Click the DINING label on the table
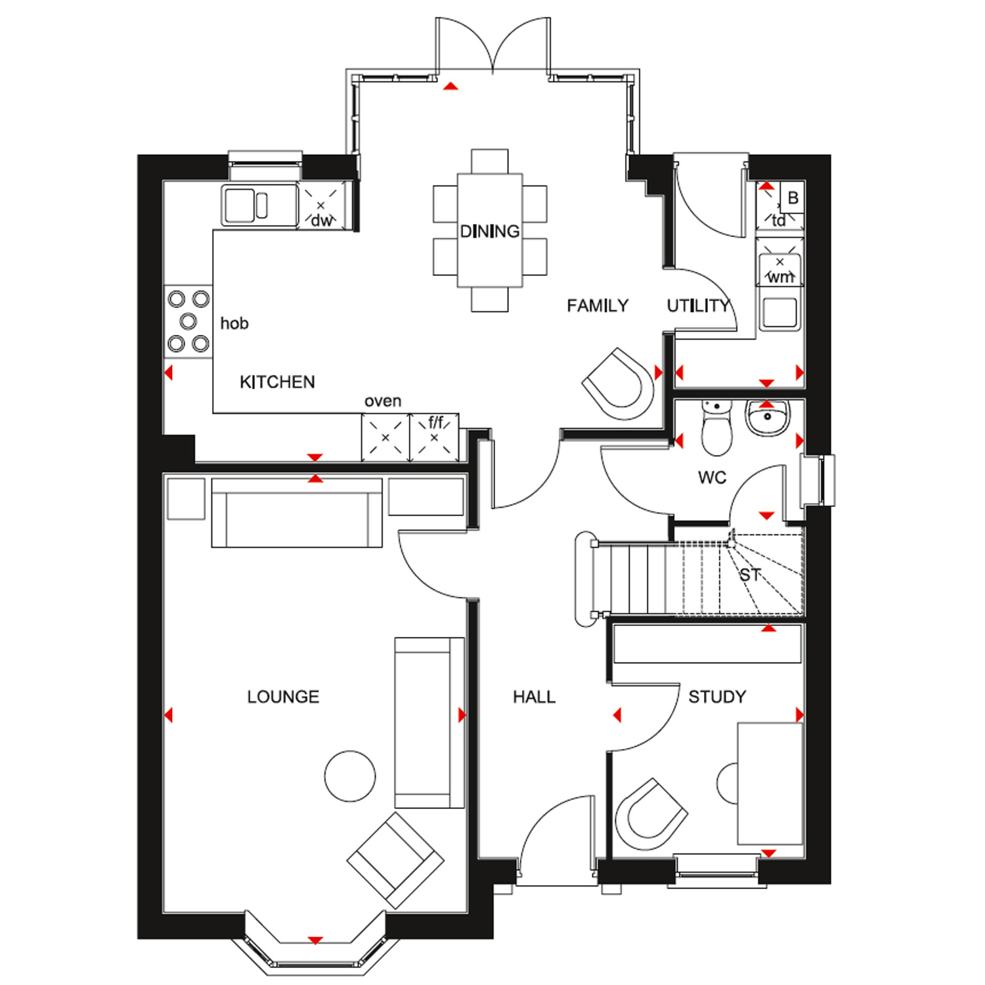click(489, 231)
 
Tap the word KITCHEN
click(277, 382)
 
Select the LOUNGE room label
click(283, 697)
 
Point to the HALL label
click(534, 697)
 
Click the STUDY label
click(717, 697)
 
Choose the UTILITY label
click(698, 306)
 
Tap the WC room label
click(712, 477)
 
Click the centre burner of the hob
click(188, 321)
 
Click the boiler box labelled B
click(793, 198)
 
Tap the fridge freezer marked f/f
click(434, 437)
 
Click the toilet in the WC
click(716, 430)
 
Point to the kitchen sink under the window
click(250, 206)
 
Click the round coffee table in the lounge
click(350, 776)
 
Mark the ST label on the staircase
click(749, 576)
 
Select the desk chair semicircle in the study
click(728, 783)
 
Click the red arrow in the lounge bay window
click(315, 940)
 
